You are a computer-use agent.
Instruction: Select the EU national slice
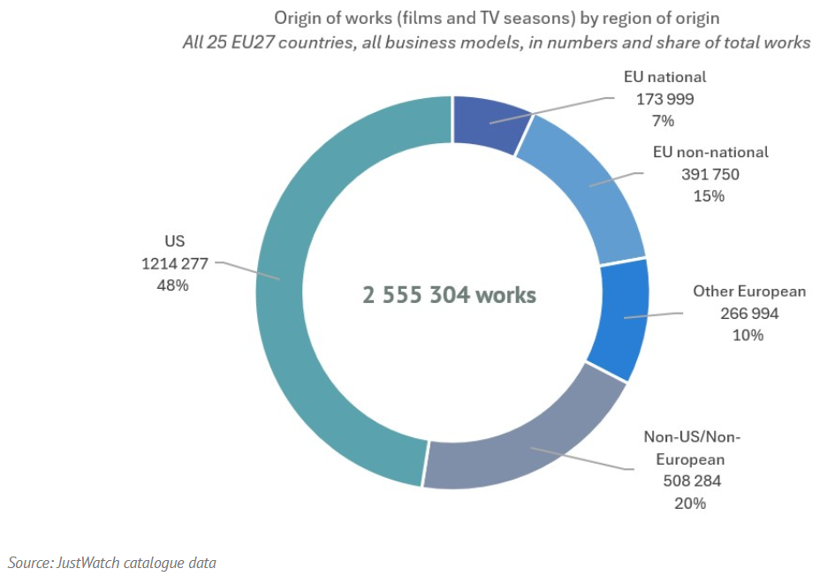click(489, 123)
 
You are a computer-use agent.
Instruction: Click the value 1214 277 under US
click(175, 262)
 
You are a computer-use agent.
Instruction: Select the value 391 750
click(710, 174)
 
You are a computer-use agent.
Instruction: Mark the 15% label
click(710, 196)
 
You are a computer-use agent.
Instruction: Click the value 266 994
click(749, 314)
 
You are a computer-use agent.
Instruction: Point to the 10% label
click(749, 336)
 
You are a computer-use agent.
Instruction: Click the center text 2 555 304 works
click(449, 295)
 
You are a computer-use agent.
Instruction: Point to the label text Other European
click(749, 292)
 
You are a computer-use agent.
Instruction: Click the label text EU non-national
click(710, 152)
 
